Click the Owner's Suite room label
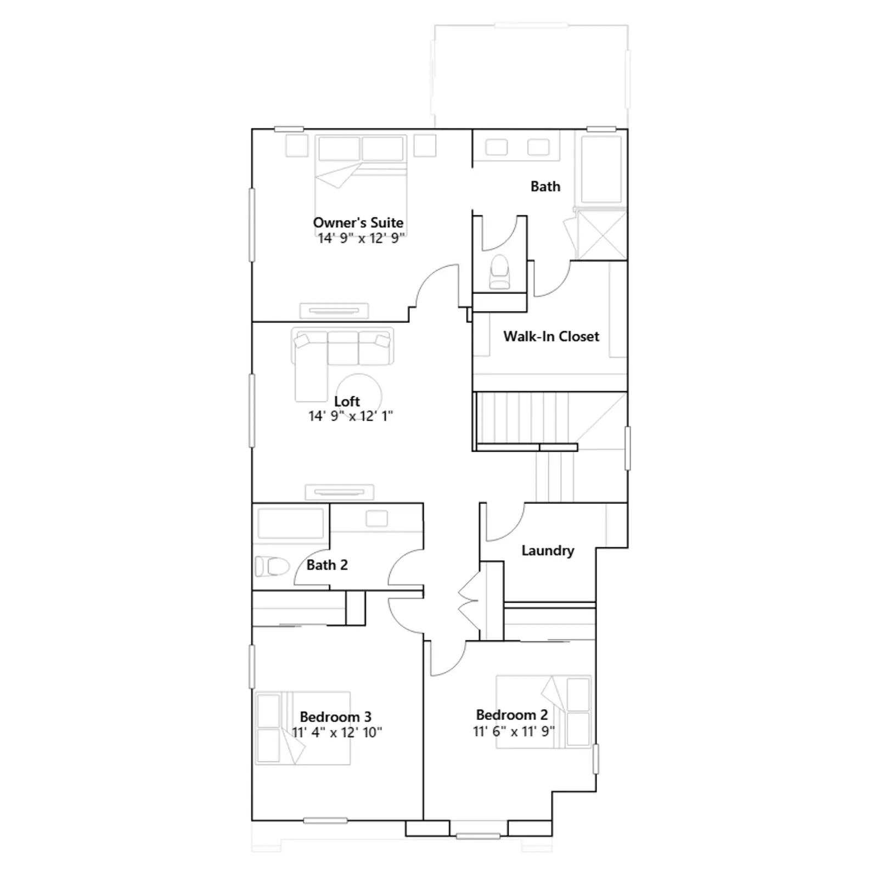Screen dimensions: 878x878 358,222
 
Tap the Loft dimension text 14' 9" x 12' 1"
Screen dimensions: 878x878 351,416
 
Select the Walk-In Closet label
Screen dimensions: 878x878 551,336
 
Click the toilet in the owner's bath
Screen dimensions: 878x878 500,271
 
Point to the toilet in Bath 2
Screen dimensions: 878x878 272,566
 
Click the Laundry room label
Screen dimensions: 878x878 548,550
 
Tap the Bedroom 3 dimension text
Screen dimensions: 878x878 337,733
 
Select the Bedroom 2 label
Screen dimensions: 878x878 511,714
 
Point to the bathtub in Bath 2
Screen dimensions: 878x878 291,524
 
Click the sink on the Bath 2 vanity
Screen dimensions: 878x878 376,519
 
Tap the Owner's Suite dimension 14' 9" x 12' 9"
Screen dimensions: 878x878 361,238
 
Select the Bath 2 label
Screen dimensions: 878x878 327,565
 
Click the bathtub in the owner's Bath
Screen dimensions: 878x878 602,170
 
